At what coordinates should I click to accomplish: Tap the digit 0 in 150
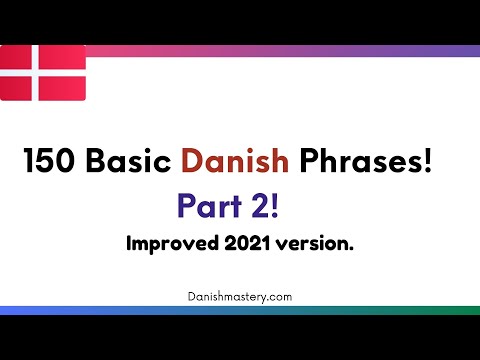[x=64, y=161]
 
